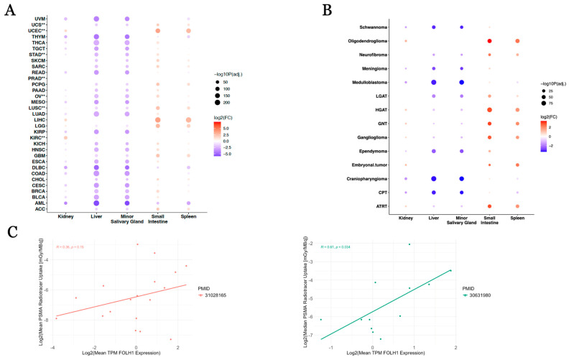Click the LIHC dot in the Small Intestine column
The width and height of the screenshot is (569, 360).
(157, 120)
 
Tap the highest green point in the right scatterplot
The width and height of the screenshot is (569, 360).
(410, 244)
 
